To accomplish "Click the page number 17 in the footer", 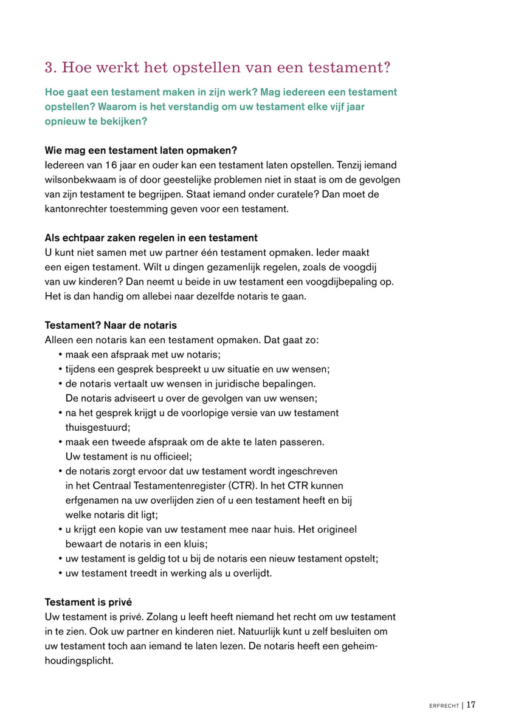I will (x=471, y=705).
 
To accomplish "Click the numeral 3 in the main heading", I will (x=50, y=67).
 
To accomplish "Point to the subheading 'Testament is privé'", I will (x=88, y=602).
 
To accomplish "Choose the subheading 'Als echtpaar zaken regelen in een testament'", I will (x=151, y=238).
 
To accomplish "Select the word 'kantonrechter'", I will (x=75, y=208).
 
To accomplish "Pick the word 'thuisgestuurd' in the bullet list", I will (x=94, y=427).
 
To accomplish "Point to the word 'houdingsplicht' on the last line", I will (x=79, y=660).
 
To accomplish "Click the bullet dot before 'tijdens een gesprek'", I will (x=61, y=369).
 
